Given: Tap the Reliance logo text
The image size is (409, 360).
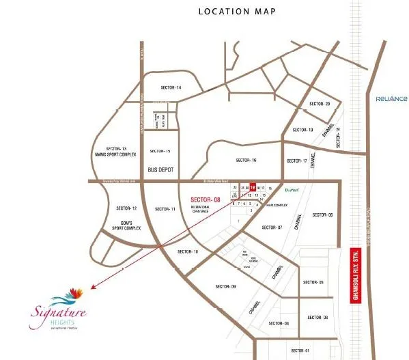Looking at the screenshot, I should click(x=391, y=98).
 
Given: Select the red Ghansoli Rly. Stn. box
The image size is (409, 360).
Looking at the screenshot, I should click(x=354, y=275).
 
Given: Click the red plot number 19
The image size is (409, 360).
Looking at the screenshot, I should click(x=253, y=186).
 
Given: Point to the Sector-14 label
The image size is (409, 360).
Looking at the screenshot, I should click(x=171, y=87).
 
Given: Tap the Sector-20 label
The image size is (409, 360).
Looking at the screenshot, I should click(x=320, y=104).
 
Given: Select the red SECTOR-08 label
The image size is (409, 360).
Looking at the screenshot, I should click(x=206, y=199).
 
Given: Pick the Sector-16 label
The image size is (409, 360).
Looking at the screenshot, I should click(x=246, y=160).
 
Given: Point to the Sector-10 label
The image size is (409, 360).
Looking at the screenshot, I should click(x=187, y=252).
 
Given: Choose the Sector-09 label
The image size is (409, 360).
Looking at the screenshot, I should click(x=206, y=286).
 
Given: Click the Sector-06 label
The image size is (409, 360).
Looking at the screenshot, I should click(x=322, y=214).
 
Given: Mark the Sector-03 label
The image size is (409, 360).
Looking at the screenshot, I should click(x=321, y=318).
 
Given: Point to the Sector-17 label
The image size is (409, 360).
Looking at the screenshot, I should click(x=296, y=161).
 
